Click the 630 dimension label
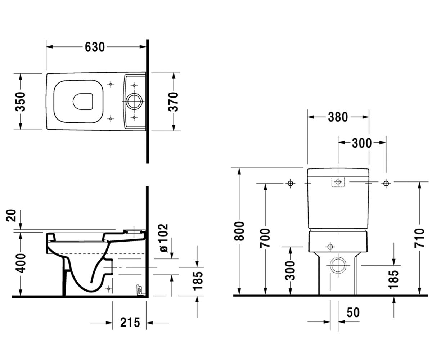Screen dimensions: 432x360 (95, 47)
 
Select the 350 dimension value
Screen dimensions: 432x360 (21, 102)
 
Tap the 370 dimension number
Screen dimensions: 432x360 (173, 102)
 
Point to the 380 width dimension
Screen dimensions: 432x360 (338, 117)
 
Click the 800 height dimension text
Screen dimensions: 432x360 (239, 231)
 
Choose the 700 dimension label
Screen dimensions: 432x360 (265, 238)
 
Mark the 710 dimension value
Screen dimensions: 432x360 (419, 238)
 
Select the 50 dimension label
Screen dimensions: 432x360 (353, 312)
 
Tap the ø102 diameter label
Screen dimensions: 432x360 (164, 238)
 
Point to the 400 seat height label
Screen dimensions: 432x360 (21, 263)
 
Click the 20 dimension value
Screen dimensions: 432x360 (11, 215)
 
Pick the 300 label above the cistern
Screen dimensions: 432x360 (362, 143)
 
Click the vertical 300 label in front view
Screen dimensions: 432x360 (290, 270)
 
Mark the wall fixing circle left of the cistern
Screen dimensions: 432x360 (290, 183)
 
